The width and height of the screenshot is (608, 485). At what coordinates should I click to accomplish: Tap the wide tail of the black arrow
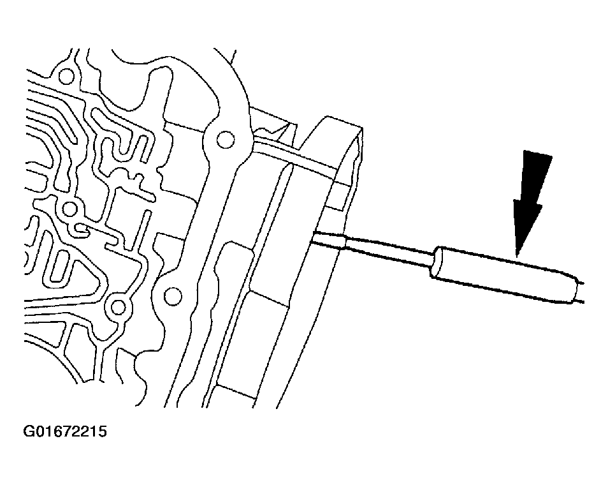click(537, 155)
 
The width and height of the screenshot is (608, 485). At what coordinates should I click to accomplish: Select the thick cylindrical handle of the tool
click(504, 274)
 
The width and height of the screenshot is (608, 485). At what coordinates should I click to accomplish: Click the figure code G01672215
click(65, 431)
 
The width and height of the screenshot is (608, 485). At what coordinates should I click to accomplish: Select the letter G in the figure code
click(29, 431)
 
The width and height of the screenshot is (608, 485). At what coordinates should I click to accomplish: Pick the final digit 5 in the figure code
click(102, 431)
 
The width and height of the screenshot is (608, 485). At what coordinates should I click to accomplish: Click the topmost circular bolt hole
click(66, 77)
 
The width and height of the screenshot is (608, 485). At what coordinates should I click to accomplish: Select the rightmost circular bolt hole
click(225, 139)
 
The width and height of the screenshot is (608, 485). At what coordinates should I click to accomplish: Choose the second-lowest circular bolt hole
click(173, 297)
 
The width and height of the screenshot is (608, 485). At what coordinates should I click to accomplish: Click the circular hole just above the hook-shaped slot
click(69, 210)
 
